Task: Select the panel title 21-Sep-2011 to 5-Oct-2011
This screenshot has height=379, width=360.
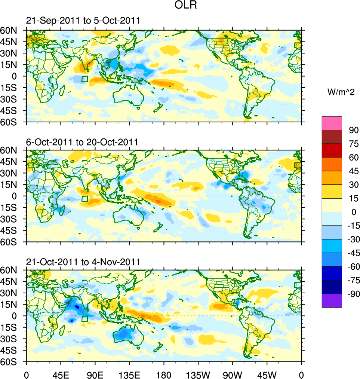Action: point(83,21)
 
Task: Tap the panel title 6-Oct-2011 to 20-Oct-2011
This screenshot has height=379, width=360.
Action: point(82,142)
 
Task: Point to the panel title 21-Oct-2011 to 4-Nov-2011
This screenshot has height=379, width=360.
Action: point(83,262)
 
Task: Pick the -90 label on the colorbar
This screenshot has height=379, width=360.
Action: point(353,294)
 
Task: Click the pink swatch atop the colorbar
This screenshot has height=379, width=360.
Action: point(332,123)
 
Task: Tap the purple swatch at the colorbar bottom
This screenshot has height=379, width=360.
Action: point(332,300)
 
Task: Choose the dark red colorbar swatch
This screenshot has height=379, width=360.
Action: point(332,137)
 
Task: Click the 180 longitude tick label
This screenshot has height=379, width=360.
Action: point(164,374)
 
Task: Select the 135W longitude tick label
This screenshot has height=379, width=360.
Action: point(198,374)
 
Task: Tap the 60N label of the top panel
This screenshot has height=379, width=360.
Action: point(12,30)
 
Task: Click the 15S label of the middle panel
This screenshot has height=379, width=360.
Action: point(12,207)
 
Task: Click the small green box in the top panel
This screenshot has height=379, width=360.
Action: point(84,79)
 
